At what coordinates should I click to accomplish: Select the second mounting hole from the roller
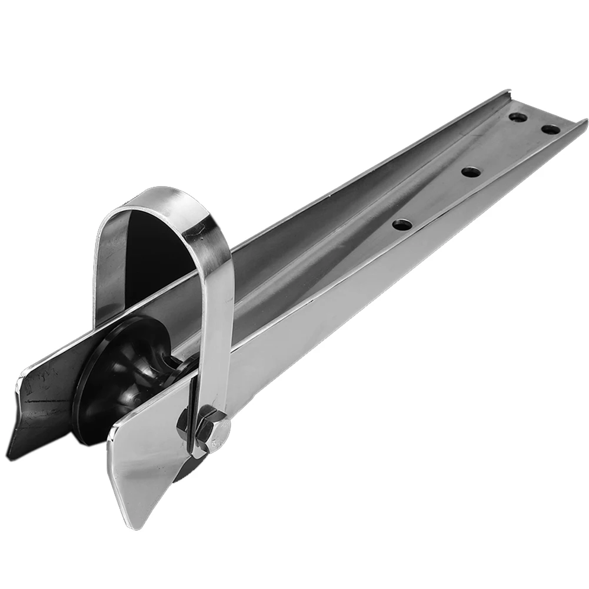coord(471,172)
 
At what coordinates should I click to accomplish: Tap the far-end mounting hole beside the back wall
coord(517,117)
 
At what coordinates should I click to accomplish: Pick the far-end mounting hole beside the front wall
coord(550,128)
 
